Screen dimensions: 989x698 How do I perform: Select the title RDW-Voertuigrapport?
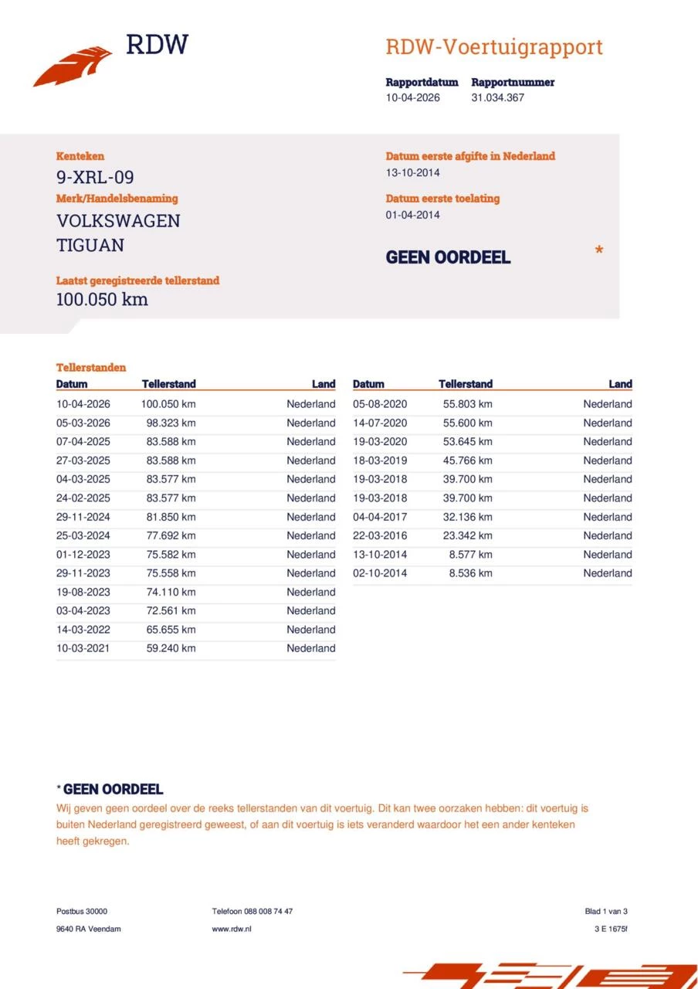(493, 47)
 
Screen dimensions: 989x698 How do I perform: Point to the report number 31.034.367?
(497, 98)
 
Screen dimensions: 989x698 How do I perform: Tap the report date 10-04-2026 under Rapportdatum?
(412, 98)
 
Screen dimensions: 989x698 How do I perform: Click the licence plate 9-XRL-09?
(95, 178)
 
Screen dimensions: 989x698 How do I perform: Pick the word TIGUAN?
(90, 246)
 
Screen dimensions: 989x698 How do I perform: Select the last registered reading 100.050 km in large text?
(102, 300)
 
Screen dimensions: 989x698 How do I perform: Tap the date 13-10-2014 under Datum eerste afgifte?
(412, 173)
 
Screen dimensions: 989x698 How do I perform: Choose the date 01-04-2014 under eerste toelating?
(412, 216)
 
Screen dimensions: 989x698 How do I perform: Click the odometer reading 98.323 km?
(171, 423)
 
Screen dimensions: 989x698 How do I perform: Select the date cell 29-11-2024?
(83, 517)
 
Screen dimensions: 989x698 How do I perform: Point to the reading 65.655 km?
(171, 630)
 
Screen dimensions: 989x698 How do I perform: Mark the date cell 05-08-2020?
(379, 404)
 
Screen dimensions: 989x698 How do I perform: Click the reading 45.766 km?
(467, 461)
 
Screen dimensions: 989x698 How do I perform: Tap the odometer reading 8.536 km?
(470, 573)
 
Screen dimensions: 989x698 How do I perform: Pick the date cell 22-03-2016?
(379, 536)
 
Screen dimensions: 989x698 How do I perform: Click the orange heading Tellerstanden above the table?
(91, 368)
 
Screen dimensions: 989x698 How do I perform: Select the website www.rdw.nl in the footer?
(232, 929)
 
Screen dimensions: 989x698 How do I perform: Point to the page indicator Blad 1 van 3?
(606, 912)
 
